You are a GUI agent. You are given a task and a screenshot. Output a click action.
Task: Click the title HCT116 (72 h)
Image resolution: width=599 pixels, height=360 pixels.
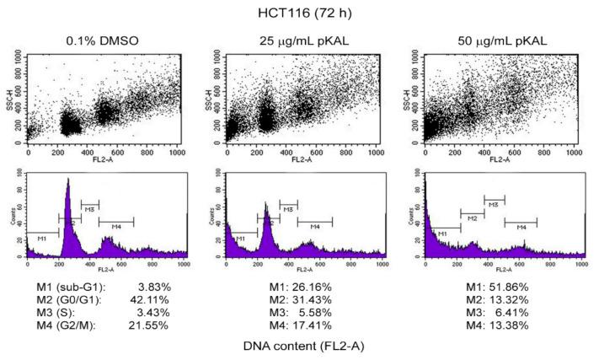(x=299, y=12)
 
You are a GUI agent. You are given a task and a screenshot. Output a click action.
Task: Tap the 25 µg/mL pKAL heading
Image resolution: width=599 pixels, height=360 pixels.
(x=300, y=40)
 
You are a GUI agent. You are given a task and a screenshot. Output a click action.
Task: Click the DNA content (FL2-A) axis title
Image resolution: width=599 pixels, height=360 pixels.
(x=299, y=346)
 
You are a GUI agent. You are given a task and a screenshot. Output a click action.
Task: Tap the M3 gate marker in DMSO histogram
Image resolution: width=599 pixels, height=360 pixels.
(x=89, y=204)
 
